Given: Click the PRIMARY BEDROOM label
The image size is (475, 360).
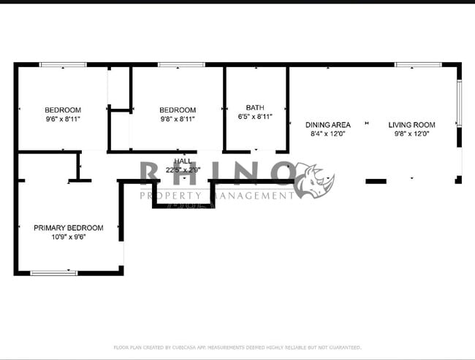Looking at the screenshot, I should tap(69, 228).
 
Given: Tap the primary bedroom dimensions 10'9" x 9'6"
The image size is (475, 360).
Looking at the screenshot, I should tap(69, 237).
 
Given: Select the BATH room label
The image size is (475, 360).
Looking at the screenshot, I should tap(255, 107).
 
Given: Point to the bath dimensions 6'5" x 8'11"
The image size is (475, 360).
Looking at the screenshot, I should tap(255, 117).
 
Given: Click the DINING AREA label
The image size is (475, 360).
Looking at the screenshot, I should tap(327, 125).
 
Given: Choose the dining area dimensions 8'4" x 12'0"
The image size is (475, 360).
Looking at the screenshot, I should tap(327, 134).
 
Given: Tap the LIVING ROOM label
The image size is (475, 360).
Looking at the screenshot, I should tap(411, 125).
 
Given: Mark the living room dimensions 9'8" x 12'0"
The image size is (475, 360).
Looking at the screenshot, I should tap(411, 134).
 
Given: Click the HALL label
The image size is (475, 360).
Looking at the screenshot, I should tap(182, 161).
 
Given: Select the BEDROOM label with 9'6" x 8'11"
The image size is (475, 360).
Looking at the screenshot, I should tap(63, 110).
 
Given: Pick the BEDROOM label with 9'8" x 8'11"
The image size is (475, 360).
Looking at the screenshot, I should tap(178, 110).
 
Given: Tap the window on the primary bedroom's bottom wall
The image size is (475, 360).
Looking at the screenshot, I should tap(53, 272).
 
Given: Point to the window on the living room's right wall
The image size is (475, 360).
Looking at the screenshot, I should tap(459, 103).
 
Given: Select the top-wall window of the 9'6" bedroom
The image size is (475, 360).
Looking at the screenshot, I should tap(63, 65).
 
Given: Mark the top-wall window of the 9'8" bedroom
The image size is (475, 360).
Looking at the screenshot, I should tap(181, 65).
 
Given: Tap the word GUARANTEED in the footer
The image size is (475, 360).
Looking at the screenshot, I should tap(343, 348).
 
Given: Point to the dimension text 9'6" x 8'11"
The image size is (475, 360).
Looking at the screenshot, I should tap(63, 120).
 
